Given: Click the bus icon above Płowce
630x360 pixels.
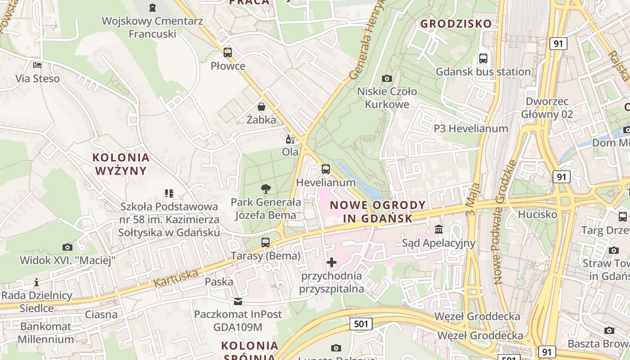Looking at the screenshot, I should [228, 52].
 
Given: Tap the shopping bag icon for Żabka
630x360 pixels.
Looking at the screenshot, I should [261, 107].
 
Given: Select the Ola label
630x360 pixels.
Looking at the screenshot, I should [290, 152].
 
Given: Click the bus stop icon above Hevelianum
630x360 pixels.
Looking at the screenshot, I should [326, 169].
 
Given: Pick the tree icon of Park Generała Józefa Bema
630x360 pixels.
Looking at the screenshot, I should [266, 189].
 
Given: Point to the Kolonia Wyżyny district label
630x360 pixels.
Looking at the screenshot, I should [121, 164].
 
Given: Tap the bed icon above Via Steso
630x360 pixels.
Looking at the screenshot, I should [37, 65].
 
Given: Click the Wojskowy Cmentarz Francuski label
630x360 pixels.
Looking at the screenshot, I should [139, 27].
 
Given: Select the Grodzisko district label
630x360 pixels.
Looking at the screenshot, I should [456, 24].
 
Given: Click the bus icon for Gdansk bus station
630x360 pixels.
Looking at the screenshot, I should [483, 58].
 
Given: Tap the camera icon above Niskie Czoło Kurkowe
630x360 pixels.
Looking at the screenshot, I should [387, 78].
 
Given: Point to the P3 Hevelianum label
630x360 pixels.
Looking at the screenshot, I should [471, 129].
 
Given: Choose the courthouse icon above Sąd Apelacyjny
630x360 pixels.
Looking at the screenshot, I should [439, 230].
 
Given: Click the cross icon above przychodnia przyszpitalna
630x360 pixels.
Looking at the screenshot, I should [332, 262].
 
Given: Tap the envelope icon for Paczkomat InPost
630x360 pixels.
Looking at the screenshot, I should [238, 301].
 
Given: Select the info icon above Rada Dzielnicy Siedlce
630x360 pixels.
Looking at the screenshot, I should [36, 283].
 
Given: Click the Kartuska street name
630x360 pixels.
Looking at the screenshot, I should [176, 279].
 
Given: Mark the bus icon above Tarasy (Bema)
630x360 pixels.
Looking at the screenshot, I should [265, 243].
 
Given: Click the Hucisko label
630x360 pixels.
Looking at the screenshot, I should [537, 214].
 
